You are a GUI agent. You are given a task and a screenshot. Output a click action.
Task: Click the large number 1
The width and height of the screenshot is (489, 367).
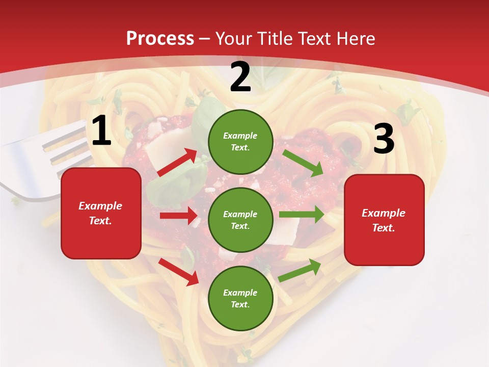[101, 131]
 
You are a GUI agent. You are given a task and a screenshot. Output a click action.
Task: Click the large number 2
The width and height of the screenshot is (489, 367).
[240, 77]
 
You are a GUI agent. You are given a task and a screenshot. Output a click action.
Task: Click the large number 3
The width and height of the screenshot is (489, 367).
[384, 139]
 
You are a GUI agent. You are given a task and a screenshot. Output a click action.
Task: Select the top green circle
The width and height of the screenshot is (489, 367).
[240, 142]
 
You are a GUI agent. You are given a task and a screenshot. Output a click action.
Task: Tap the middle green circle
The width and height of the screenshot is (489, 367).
[240, 220]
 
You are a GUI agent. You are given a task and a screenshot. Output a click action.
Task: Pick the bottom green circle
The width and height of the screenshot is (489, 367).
[240, 298]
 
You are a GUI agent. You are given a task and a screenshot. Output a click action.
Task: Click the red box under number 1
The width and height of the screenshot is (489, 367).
[101, 213]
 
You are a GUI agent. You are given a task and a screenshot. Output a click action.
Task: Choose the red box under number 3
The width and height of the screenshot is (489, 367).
[384, 220]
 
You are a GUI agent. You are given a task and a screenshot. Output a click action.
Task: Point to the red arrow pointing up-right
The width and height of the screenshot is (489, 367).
[177, 163]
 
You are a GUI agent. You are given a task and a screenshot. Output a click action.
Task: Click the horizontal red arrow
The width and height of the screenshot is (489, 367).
[178, 216]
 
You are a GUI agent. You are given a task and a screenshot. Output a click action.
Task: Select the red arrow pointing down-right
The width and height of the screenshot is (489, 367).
[179, 272]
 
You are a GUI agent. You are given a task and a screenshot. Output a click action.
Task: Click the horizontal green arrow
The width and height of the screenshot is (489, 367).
[301, 214]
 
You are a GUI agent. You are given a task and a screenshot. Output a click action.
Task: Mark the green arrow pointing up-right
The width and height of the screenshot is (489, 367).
[300, 270]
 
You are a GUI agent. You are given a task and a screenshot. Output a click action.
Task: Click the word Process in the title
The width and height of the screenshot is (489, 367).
[160, 38]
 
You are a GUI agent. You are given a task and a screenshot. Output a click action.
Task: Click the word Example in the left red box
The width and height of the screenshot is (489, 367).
[100, 206]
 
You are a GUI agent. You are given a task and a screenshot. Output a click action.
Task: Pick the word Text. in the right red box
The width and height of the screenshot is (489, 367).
[384, 228]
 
